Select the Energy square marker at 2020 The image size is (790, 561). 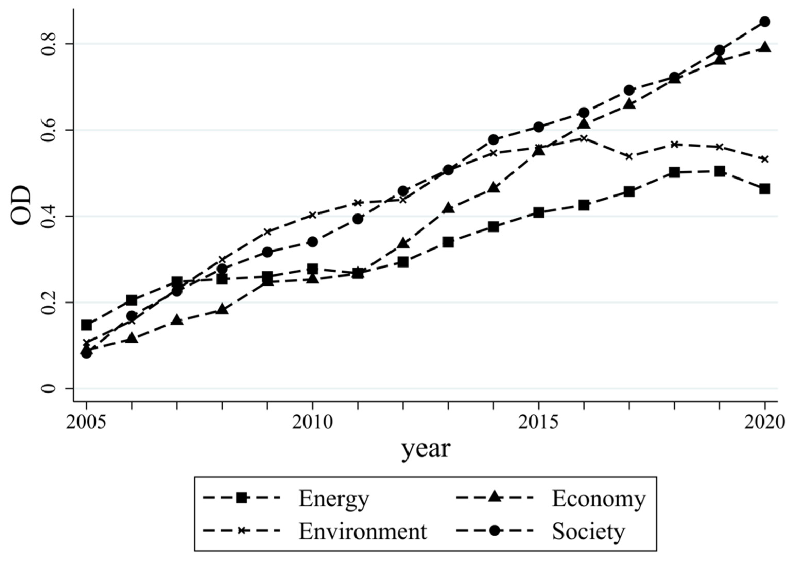point(765,189)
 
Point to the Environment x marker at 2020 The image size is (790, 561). point(765,159)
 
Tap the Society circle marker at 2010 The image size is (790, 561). point(312,242)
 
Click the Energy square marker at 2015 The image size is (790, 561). point(538,212)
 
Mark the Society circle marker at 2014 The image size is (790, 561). point(493,140)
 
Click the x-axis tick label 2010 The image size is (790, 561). point(312,422)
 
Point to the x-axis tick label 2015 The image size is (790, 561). point(538,422)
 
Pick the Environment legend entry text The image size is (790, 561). point(363,531)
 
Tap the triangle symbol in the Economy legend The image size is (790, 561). point(495,498)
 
